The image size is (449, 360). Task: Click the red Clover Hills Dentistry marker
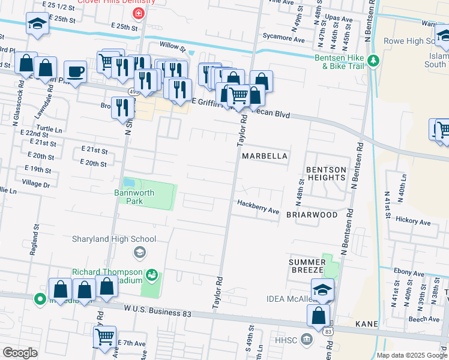(x=139, y=13)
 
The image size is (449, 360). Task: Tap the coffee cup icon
(x=75, y=72)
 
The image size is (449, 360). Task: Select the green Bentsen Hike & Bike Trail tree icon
(x=373, y=61)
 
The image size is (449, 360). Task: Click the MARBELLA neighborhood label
(x=264, y=156)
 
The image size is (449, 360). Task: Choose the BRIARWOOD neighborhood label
(x=312, y=214)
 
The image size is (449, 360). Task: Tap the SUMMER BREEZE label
(x=307, y=266)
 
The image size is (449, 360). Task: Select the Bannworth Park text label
(x=134, y=197)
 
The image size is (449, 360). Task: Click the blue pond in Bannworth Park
(x=128, y=182)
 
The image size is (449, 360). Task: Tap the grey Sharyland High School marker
(x=140, y=251)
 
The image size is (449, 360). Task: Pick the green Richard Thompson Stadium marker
(x=152, y=275)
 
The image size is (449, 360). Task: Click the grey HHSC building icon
(x=307, y=340)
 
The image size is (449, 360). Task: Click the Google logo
(x=20, y=353)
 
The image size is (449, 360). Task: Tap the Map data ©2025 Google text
(x=411, y=355)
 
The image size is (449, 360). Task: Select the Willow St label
(x=173, y=45)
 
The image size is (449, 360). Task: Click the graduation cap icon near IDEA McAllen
(x=322, y=289)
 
